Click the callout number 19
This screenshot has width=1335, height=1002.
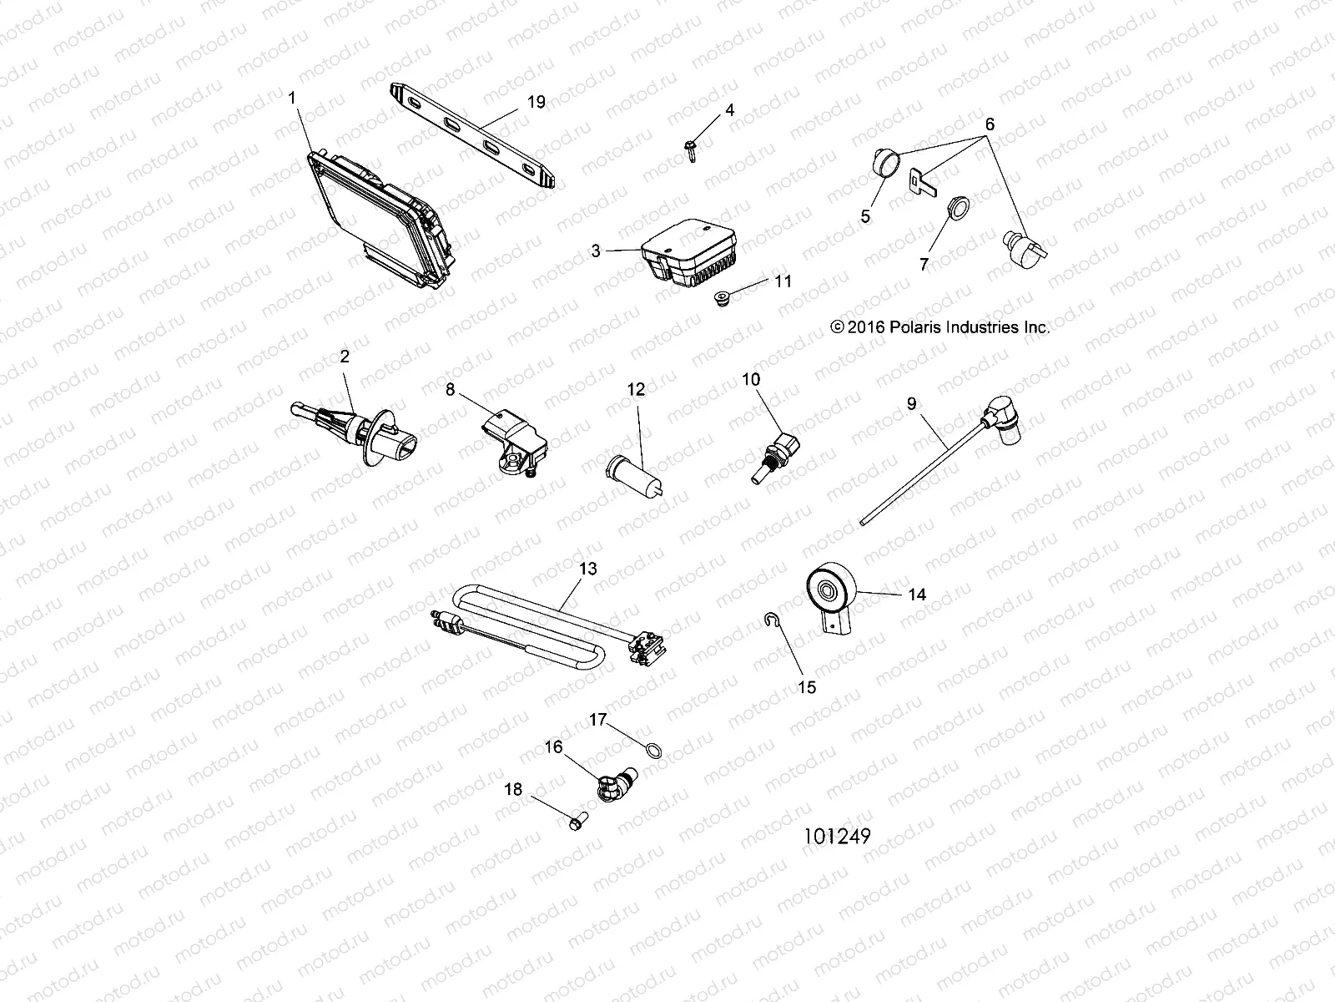coord(536,102)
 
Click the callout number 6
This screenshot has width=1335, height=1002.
coord(990,124)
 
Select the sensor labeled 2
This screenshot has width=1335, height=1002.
coord(359,423)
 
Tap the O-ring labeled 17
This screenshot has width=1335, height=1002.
coord(657,751)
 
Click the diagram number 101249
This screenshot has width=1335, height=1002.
coord(837,836)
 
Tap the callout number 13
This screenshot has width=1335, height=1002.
coord(587,569)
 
